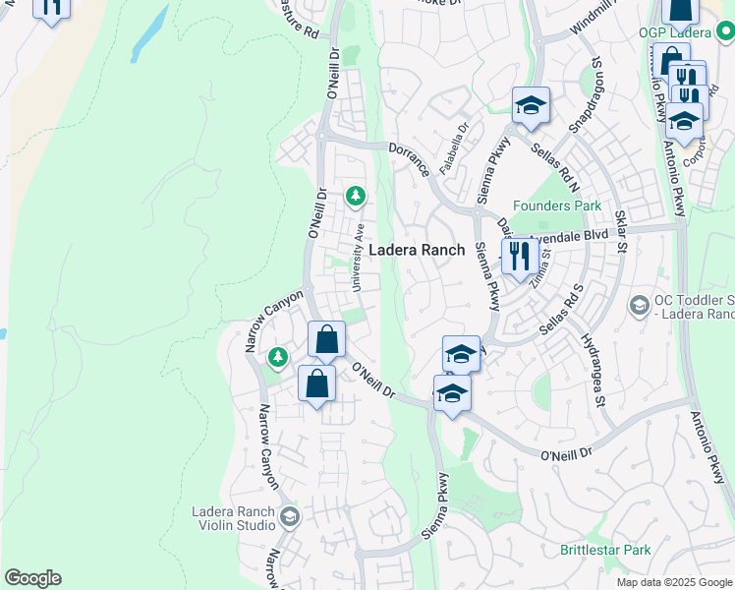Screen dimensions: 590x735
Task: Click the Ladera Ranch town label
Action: (416, 250)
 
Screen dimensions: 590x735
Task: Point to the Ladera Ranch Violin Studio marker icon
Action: (289, 516)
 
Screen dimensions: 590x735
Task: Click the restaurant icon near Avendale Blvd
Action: (518, 258)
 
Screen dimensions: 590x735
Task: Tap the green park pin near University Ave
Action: (355, 197)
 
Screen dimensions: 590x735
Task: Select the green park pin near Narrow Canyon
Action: (278, 355)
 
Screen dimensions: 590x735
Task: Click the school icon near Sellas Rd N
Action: (531, 105)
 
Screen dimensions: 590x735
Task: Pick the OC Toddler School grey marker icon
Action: (640, 306)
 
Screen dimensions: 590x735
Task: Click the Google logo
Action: (32, 578)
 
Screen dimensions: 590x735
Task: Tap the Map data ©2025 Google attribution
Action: (674, 582)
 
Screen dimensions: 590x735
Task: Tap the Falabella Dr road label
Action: (455, 148)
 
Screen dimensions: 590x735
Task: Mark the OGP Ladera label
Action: (674, 32)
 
